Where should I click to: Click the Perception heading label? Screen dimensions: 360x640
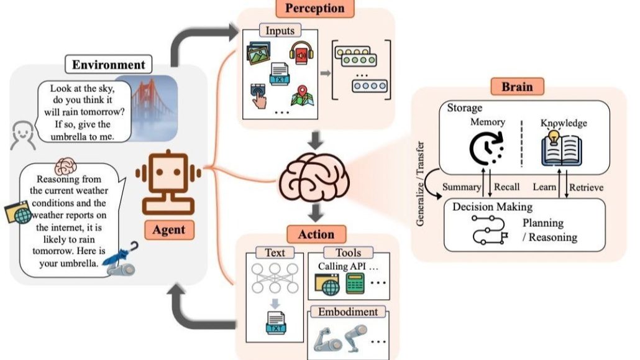[x=314, y=9]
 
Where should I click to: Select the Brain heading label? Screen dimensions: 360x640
[x=517, y=86]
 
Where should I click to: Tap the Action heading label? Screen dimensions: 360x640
[x=317, y=234]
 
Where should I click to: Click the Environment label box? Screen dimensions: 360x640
[x=109, y=65]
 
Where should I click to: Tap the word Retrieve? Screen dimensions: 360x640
[x=585, y=187]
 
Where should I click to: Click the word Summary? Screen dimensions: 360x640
[x=462, y=187]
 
